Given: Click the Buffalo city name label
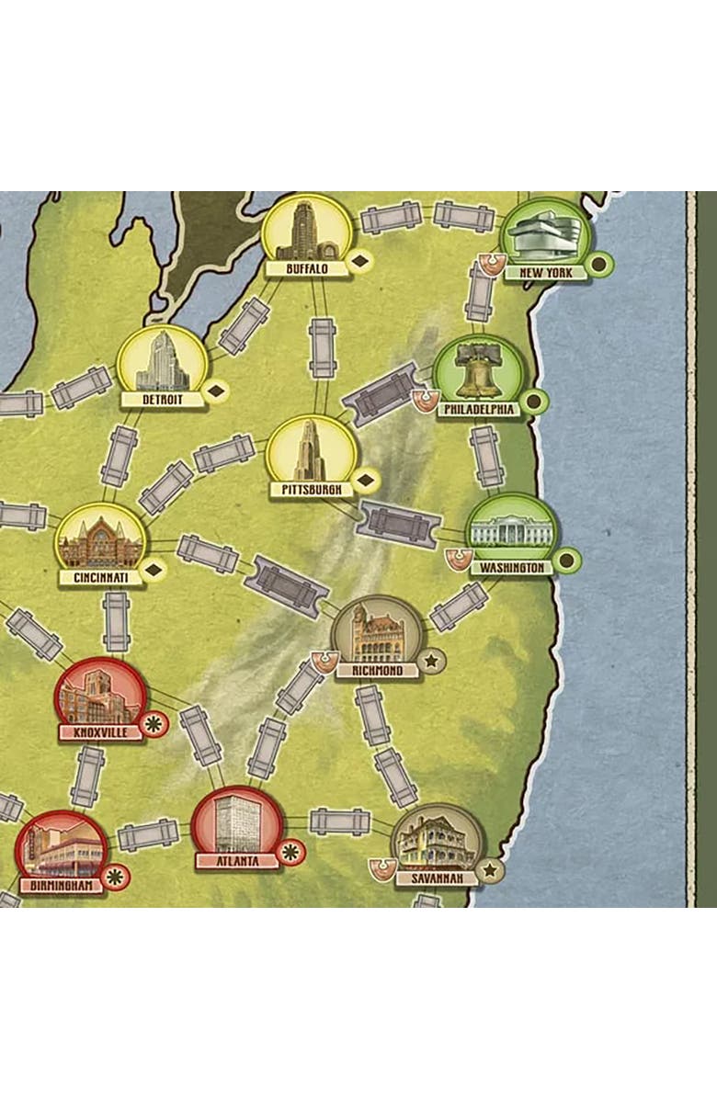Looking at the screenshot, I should pos(306,269).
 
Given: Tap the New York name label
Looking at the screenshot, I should pos(545,273).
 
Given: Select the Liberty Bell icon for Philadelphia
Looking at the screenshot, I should pos(478,369).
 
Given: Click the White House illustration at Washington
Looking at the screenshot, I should pos(511,532).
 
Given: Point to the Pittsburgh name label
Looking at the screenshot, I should pos(312,490).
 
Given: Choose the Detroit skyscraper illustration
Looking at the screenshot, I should pos(163,361).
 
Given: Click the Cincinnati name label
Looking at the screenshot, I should pos(100,578).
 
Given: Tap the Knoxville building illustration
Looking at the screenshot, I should pos(99,697).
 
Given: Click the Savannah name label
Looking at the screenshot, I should pos(437,878).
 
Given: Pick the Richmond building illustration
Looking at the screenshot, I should pos(376,633).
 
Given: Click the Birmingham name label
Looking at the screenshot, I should pos(62,886).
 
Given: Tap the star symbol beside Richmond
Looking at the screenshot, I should pos(431,660).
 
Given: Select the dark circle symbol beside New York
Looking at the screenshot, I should pos(599,265).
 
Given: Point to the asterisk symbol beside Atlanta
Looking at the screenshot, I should pos(290,851).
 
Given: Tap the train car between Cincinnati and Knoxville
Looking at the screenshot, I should pos(116,622).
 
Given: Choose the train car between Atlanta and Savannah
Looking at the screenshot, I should pos(339,821).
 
